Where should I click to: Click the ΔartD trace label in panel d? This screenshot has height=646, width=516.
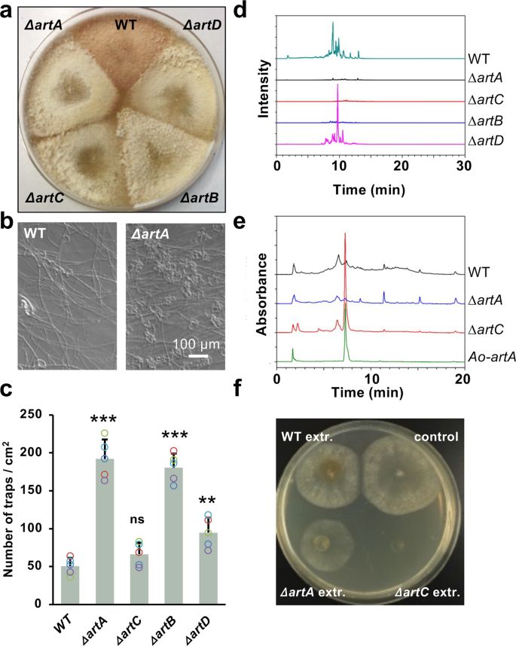click(482, 142)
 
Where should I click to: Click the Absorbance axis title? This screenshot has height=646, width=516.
click(264, 294)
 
